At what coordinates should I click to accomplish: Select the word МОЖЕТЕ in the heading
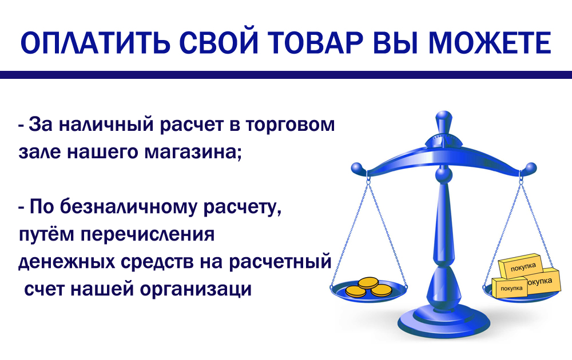click(489, 43)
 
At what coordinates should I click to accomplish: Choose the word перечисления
click(148, 235)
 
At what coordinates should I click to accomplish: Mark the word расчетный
click(280, 262)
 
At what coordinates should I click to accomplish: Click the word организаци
click(196, 290)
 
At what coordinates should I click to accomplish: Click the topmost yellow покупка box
click(522, 266)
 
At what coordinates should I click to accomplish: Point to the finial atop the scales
click(444, 124)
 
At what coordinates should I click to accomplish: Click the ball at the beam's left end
click(357, 169)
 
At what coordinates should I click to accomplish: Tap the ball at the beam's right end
click(530, 169)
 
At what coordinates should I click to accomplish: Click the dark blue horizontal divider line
click(286, 75)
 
